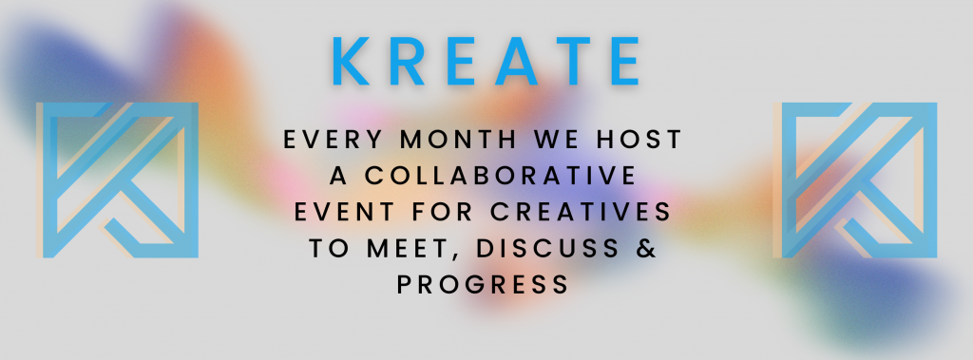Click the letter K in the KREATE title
coord(352,61)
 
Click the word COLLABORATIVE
coord(500,176)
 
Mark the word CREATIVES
coord(581,212)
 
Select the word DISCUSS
coord(548,248)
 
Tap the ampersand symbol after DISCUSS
coord(647,248)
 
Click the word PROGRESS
coord(483,284)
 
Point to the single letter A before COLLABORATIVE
coord(338,176)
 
